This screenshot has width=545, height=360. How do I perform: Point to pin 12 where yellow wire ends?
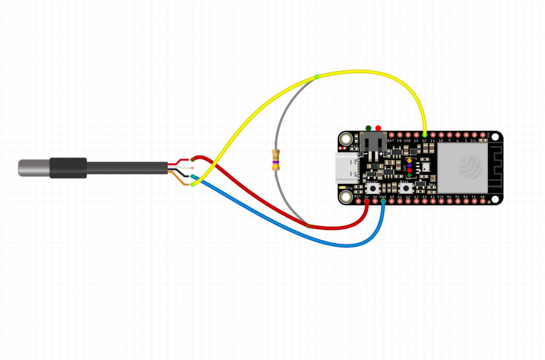pos(425,135)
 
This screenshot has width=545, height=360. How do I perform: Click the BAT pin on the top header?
pos(391,135)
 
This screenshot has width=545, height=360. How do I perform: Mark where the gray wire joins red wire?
pos(308,225)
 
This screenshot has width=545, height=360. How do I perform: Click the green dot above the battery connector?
pos(368,128)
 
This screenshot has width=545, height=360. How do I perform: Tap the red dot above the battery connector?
pos(378,128)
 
